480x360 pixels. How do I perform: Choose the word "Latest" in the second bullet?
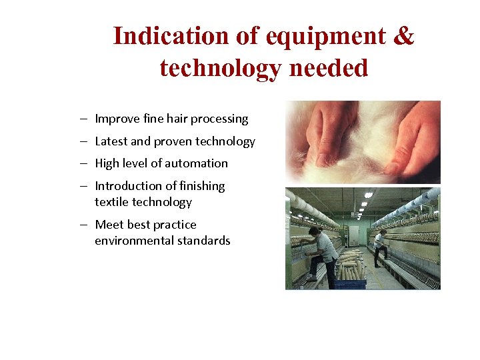click(113, 141)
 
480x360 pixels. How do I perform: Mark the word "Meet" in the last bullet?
click(109, 225)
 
